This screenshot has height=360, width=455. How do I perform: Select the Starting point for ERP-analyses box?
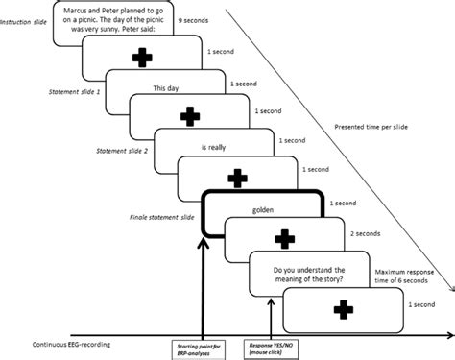tap(203, 347)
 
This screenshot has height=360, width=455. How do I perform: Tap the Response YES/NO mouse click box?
tap(271, 347)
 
